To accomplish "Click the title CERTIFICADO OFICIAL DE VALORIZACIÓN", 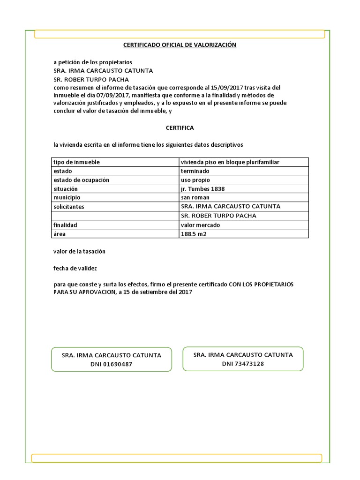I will click(x=180, y=45).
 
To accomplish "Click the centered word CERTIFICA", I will click(x=180, y=128).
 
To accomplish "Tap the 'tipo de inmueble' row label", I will click(x=76, y=162).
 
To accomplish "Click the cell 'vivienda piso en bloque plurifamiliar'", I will click(x=230, y=162).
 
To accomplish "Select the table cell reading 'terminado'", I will click(x=195, y=171).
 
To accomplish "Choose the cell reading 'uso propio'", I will click(x=195, y=180).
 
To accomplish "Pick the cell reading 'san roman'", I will click(x=195, y=198).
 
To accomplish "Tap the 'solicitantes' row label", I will click(x=69, y=207).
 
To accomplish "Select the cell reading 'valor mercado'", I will click(x=200, y=225).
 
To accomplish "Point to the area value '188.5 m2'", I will click(x=193, y=234).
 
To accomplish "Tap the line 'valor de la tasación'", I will click(x=79, y=251).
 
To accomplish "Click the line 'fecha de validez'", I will click(x=75, y=269).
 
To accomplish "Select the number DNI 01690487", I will click(x=111, y=364).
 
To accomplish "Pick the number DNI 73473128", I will click(x=243, y=364).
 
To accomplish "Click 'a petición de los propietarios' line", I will click(x=93, y=62).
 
